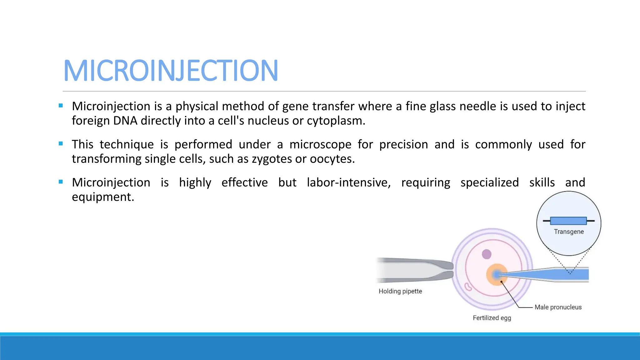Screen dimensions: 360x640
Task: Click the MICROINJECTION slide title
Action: tap(171, 71)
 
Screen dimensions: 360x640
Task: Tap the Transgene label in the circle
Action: tap(569, 232)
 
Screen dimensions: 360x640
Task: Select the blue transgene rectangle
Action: tap(568, 221)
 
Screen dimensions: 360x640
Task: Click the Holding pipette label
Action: tap(400, 291)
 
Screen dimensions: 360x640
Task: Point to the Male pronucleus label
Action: tap(558, 307)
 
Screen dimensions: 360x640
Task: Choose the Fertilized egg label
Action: tap(492, 318)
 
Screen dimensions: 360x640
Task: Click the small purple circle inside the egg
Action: tap(487, 254)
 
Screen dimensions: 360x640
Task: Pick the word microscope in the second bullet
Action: tap(320, 144)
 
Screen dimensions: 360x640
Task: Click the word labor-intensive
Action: tap(348, 182)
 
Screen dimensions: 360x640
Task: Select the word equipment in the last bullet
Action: tap(102, 197)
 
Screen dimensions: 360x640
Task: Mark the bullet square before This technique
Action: tap(61, 144)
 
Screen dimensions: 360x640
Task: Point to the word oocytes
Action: tap(332, 159)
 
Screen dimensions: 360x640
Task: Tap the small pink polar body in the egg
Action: tap(468, 286)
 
